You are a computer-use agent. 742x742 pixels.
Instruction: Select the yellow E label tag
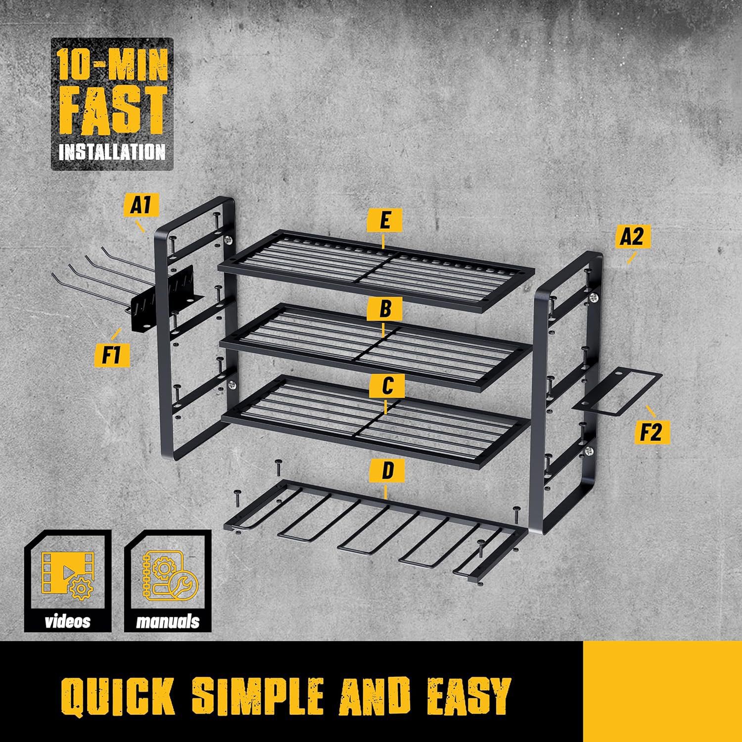[x=384, y=221]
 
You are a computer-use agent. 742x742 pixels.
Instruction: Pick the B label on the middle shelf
[x=385, y=309]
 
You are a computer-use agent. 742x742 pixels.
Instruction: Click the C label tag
[x=387, y=386]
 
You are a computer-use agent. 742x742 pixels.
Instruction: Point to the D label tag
[x=387, y=470]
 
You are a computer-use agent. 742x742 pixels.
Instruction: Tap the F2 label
[x=652, y=432]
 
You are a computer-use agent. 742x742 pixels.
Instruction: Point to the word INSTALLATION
[x=112, y=151]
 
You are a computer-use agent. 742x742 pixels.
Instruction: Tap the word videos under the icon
[x=68, y=621]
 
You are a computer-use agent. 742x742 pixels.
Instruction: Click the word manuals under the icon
[x=168, y=621]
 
